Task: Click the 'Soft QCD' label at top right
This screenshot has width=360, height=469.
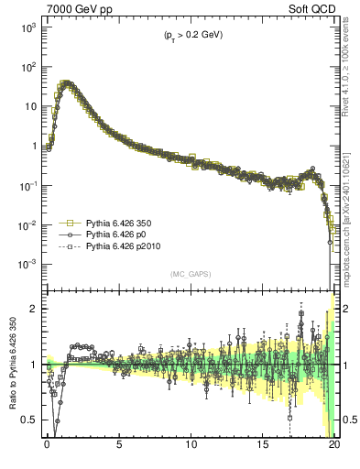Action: pos(312,8)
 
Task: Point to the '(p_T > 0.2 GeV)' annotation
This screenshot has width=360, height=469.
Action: pos(187,35)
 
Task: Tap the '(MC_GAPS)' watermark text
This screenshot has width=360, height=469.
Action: pos(189,274)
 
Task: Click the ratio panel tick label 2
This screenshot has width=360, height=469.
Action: pos(33,309)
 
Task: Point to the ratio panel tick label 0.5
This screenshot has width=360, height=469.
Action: pos(29,420)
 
